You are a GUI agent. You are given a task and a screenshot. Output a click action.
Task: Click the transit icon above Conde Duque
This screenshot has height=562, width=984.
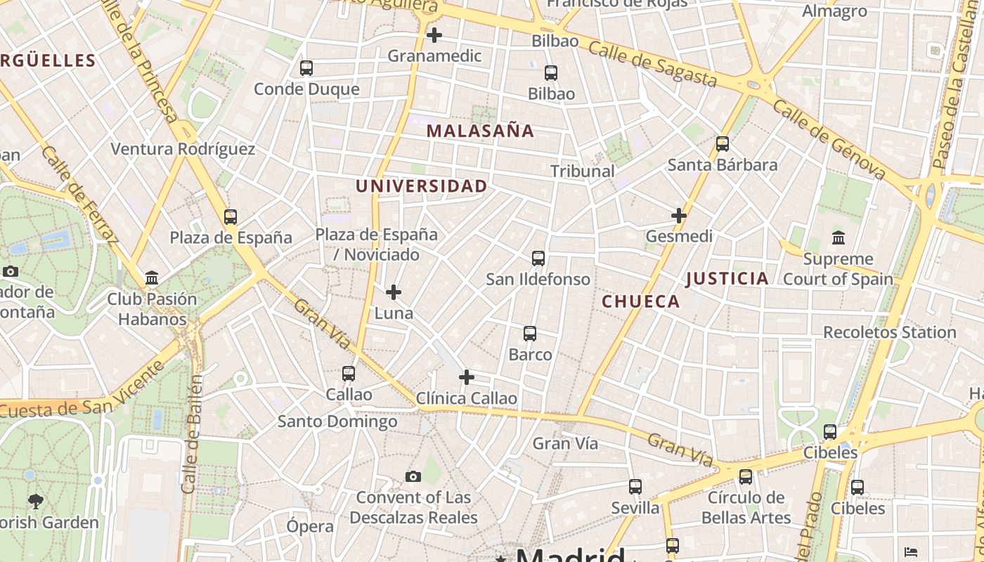pyautogui.click(x=306, y=68)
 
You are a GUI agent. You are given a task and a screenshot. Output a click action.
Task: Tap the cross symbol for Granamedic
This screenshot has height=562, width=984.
pyautogui.click(x=434, y=34)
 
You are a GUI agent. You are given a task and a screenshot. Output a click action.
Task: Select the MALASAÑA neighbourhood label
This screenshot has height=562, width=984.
pyautogui.click(x=480, y=131)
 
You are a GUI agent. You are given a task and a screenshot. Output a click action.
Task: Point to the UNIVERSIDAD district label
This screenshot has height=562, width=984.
pyautogui.click(x=421, y=186)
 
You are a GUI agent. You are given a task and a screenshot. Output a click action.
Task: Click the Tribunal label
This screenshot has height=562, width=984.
pyautogui.click(x=582, y=171)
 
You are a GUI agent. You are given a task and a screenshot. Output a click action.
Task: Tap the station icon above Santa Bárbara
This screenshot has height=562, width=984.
pyautogui.click(x=722, y=144)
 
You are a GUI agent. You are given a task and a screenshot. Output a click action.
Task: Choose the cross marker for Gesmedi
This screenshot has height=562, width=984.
pyautogui.click(x=678, y=216)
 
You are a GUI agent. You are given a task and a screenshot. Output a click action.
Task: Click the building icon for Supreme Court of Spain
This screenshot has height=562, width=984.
pyautogui.click(x=838, y=238)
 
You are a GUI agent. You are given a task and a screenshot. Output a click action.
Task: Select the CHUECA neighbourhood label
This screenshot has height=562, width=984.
pyautogui.click(x=641, y=301)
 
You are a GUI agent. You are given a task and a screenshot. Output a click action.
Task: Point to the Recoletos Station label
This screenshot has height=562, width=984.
pyautogui.click(x=889, y=332)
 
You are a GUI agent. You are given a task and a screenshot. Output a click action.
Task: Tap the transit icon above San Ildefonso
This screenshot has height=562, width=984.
pyautogui.click(x=538, y=259)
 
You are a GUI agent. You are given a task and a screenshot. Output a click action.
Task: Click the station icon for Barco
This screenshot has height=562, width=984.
pyautogui.click(x=530, y=334)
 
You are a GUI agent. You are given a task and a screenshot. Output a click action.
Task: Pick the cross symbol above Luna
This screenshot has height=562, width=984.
pyautogui.click(x=394, y=292)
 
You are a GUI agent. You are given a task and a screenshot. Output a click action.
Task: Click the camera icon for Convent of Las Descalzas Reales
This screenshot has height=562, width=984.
pyautogui.click(x=413, y=477)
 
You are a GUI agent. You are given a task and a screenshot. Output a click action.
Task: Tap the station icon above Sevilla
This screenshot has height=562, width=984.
pyautogui.click(x=635, y=486)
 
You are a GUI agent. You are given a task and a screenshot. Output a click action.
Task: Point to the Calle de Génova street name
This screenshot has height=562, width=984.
pyautogui.click(x=829, y=138)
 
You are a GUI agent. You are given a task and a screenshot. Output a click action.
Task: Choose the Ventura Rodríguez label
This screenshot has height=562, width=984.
pyautogui.click(x=183, y=149)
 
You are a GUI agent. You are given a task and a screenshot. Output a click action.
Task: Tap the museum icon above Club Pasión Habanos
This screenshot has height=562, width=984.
pyautogui.click(x=152, y=278)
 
